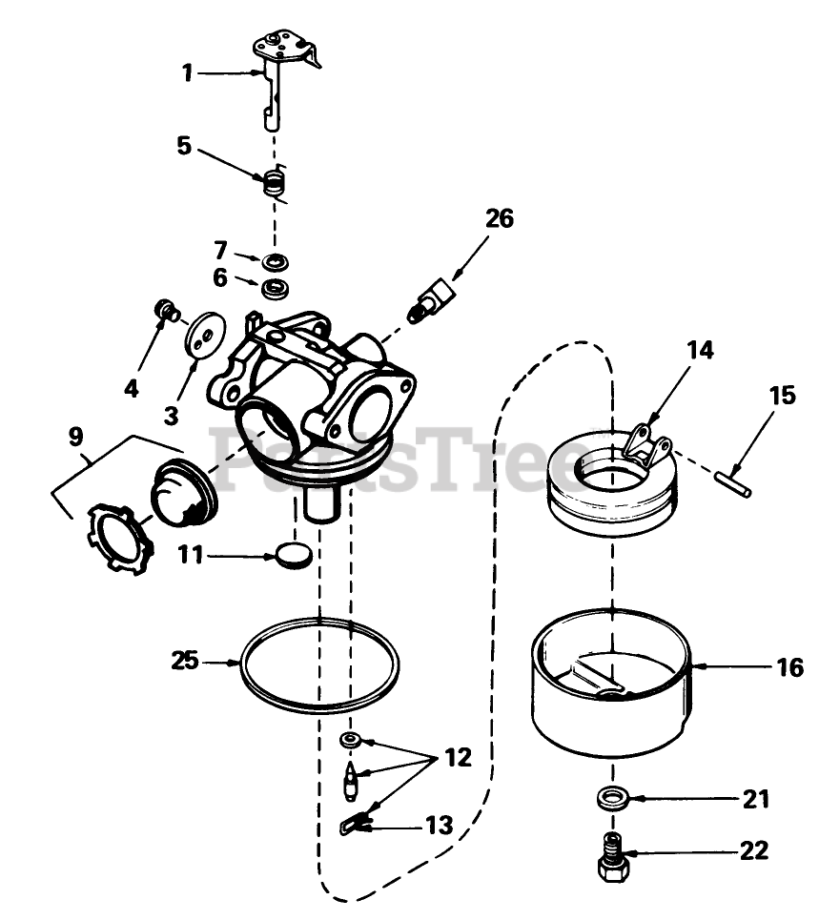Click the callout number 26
pos(499,218)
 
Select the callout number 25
pos(186,660)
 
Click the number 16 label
pos(790,667)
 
